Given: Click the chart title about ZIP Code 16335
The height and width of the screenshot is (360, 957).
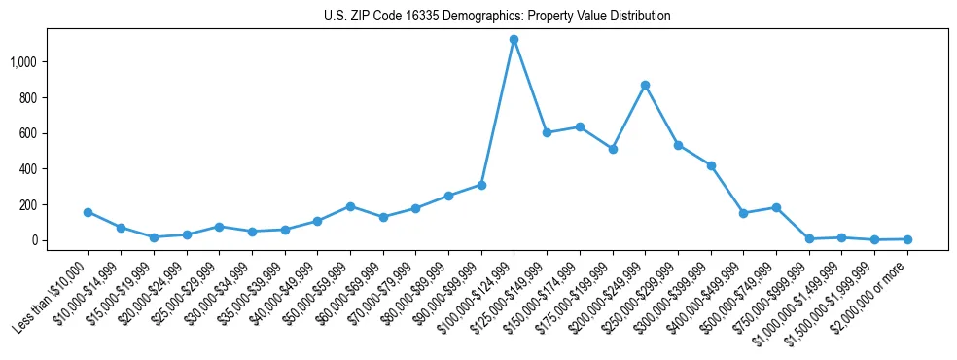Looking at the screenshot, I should [497, 16].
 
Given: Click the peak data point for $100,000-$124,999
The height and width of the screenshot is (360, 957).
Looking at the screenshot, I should [514, 40].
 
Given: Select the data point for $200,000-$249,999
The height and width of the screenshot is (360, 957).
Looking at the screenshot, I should [646, 86].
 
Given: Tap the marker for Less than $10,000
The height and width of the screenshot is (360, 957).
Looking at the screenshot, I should [89, 212].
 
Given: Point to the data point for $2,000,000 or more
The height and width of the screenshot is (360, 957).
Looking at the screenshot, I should [907, 239].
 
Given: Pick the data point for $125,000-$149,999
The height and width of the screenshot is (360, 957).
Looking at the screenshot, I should [547, 132].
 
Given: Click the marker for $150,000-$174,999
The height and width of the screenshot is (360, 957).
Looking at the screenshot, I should [580, 126].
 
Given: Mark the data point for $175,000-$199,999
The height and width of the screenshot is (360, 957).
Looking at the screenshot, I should [613, 149].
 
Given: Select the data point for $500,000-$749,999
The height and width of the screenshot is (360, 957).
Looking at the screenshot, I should [776, 207].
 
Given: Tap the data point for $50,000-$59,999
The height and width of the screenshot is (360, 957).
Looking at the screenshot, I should [350, 206].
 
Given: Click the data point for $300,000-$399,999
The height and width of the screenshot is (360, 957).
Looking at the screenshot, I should [711, 165].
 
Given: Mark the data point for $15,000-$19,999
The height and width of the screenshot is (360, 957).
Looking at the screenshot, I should [154, 237].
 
